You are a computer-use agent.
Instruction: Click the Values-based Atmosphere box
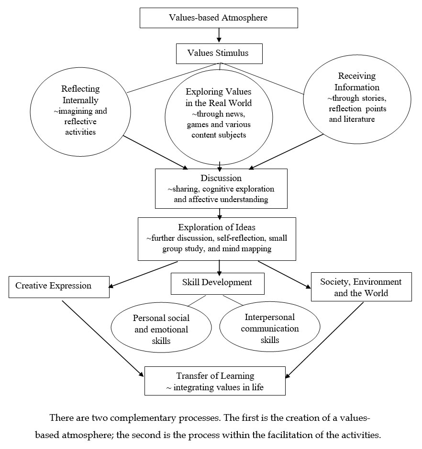tap(218, 18)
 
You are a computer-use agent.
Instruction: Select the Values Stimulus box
tap(219, 53)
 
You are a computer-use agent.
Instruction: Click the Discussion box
tap(221, 188)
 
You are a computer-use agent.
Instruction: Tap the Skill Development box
tap(217, 282)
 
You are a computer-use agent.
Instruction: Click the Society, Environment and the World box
tap(361, 287)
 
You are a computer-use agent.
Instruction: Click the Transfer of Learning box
tap(215, 381)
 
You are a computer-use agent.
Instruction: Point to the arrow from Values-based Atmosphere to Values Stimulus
tap(218, 35)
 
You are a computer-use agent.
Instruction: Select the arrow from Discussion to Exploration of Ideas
tap(220, 213)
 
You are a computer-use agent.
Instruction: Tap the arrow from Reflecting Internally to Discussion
tap(155, 152)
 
